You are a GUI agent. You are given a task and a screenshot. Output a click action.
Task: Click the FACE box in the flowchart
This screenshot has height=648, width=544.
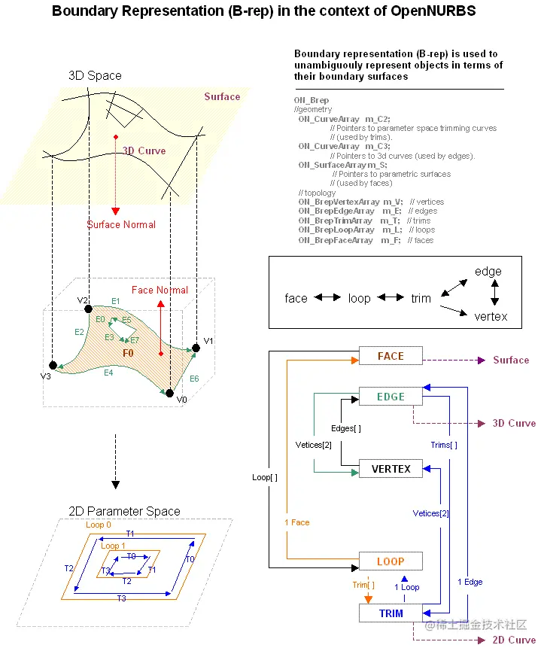[x=391, y=356]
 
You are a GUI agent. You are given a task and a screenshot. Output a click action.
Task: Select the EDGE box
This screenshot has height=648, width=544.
[x=391, y=397]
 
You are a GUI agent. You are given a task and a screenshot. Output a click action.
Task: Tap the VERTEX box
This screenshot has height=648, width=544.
[x=391, y=469]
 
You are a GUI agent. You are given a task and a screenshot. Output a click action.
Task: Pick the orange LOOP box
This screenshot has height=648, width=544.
[x=391, y=561]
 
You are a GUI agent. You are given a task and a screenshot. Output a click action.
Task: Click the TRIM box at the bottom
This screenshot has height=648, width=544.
[x=391, y=613]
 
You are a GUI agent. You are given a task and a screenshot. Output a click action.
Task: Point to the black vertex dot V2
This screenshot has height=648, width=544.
[x=89, y=309]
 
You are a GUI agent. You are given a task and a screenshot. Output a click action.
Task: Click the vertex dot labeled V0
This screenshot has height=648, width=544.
[x=170, y=393]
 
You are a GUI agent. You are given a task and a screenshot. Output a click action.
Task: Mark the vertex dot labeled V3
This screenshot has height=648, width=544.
[x=52, y=365]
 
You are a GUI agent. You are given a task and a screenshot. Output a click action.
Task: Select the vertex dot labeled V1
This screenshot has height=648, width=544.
[x=196, y=347]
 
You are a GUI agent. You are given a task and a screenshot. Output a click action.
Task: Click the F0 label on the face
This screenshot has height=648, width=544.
[x=128, y=352]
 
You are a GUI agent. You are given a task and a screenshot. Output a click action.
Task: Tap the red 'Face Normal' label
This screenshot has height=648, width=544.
[x=160, y=290]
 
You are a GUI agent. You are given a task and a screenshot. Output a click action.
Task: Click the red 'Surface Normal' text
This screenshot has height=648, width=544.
[x=121, y=224]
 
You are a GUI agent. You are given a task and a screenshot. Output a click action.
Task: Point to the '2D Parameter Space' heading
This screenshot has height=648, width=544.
[x=124, y=511]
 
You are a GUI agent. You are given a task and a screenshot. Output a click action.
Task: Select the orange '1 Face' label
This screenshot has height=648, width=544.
[x=296, y=522]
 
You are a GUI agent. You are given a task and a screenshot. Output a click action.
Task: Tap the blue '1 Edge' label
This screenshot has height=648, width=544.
[x=470, y=582]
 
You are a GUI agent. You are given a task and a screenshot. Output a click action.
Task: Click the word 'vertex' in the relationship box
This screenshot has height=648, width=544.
[x=491, y=317]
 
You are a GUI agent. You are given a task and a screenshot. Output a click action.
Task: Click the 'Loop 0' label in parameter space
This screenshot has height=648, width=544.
[x=99, y=525]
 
